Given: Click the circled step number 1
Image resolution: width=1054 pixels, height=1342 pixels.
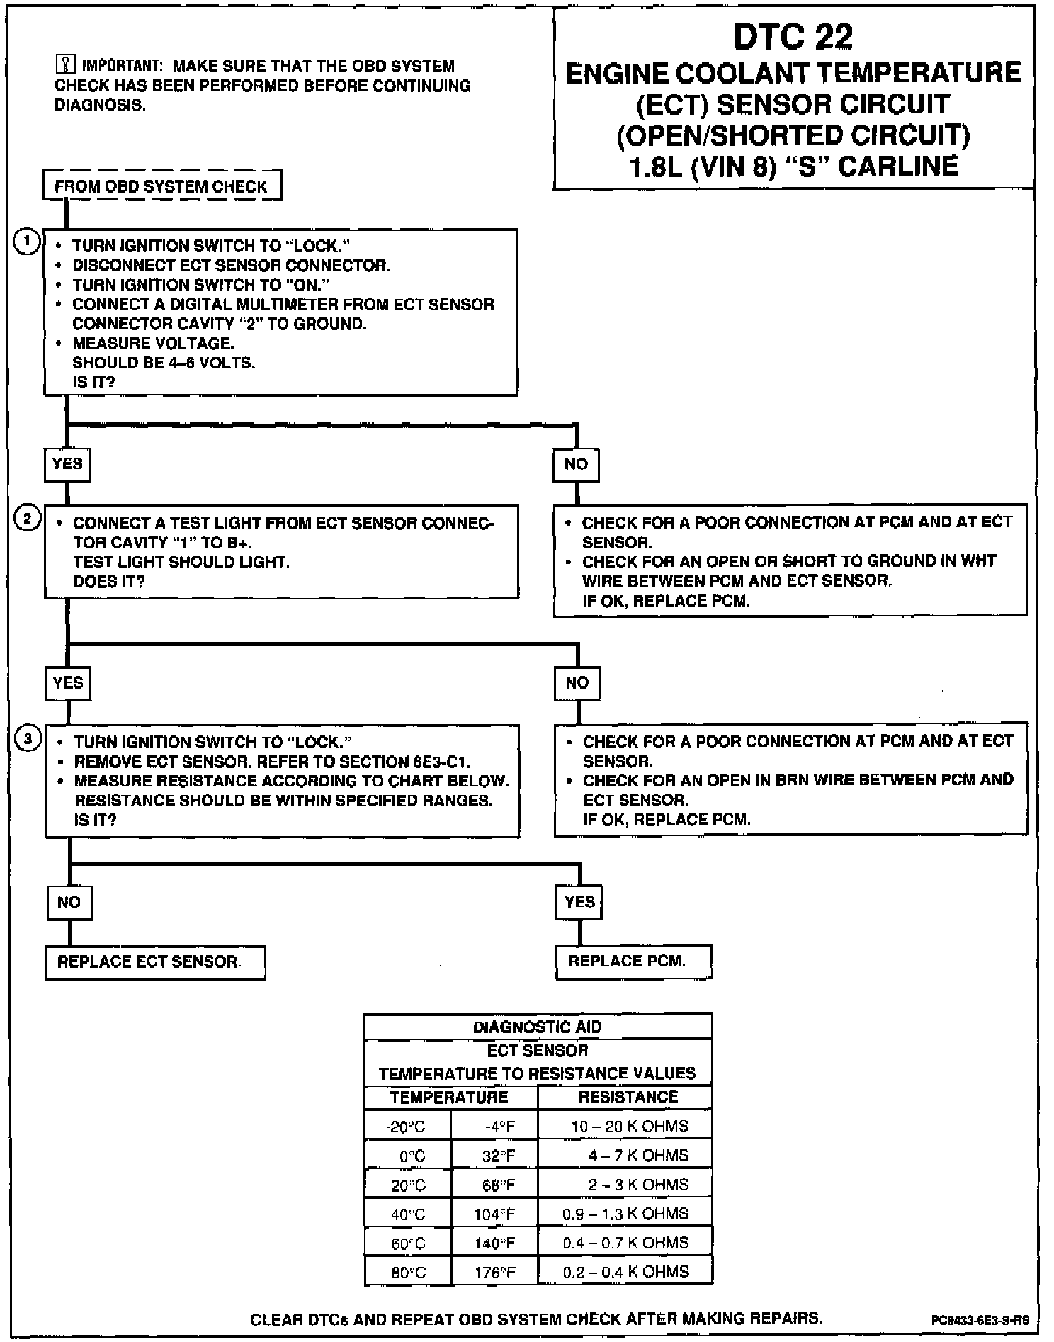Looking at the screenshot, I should (x=27, y=242).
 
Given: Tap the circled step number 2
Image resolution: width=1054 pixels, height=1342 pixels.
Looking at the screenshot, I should (x=28, y=519).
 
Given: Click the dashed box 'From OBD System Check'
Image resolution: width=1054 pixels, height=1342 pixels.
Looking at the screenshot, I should (x=162, y=186).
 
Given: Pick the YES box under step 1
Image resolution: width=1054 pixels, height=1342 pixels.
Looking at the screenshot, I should (x=67, y=464).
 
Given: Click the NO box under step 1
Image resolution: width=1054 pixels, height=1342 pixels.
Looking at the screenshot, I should (x=576, y=464).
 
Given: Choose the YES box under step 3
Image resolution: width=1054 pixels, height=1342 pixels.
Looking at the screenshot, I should (x=579, y=902).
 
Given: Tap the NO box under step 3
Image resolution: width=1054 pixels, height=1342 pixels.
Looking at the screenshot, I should (x=69, y=902).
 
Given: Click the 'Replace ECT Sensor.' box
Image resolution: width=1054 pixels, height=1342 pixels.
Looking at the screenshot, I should (x=155, y=962).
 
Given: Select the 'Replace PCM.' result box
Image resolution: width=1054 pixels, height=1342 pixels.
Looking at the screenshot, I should (x=633, y=962).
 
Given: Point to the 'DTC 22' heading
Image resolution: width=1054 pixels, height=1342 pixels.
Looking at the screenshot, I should (x=793, y=37).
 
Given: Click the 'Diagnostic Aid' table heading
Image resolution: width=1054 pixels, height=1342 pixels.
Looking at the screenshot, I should (x=538, y=1027).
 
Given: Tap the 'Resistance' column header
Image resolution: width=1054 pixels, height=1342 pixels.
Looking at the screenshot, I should (x=628, y=1097).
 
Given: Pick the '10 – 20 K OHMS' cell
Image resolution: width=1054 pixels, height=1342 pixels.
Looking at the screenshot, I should (x=629, y=1126).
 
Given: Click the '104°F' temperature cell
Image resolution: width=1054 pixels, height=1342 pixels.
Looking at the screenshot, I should (x=494, y=1214).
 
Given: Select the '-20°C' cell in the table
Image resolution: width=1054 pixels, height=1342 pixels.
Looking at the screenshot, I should (x=407, y=1127).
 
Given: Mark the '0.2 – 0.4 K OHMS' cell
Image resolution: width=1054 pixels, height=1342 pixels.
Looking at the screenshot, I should (x=625, y=1272).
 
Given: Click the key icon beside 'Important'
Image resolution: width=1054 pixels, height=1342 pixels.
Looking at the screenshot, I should (x=64, y=66).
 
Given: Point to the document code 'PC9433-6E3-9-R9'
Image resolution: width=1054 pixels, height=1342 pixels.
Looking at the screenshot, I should (x=980, y=1320).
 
